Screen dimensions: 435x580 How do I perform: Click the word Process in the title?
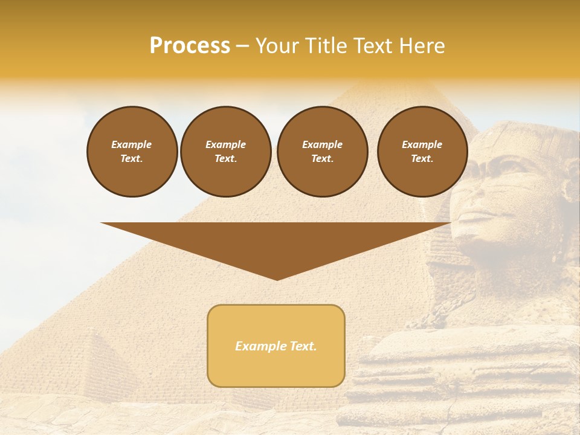190,46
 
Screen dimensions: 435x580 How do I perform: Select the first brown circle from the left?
132,152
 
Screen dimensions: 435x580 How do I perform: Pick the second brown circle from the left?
225,152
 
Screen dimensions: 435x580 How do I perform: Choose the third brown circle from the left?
322,152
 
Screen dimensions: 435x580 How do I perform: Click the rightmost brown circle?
422,152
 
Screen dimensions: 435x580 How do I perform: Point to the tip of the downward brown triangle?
277,279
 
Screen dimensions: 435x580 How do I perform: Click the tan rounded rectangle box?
275,346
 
